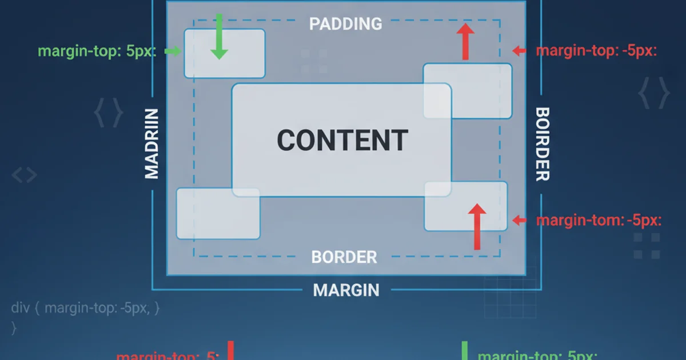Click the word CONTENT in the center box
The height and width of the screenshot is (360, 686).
[342, 140]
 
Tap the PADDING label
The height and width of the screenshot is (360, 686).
[345, 23]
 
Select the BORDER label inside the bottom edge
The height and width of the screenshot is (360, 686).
[344, 257]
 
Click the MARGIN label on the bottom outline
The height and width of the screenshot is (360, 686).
[346, 290]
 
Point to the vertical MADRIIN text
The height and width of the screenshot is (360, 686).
[151, 143]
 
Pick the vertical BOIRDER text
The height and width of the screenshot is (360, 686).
[542, 144]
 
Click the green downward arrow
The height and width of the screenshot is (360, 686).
[219, 38]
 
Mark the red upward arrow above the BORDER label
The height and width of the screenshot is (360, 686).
[476, 227]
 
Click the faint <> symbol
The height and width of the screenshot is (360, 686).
[25, 175]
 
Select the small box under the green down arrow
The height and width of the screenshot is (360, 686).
[224, 54]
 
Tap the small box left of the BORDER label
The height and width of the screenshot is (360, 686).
[218, 214]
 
